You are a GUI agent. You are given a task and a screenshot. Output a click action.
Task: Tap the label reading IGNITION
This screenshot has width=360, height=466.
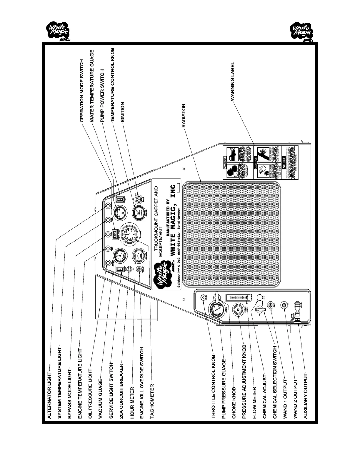click(123, 112)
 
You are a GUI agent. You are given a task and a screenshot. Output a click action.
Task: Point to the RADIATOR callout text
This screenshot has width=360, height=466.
click(184, 115)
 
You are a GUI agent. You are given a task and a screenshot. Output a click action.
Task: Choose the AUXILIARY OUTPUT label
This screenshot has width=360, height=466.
click(306, 396)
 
